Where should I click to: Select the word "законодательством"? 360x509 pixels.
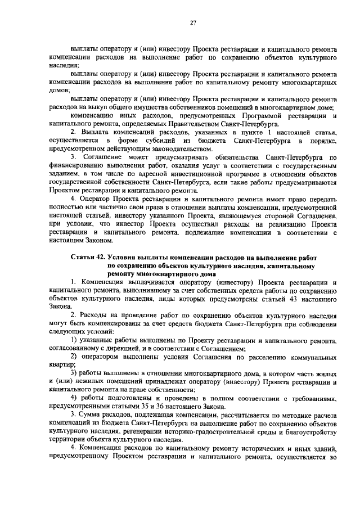pos(165,149)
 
